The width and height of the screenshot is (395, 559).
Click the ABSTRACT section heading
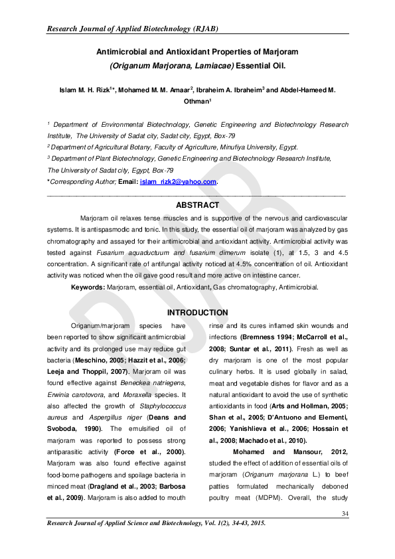pos(197,205)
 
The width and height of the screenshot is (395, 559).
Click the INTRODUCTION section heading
pos(197,313)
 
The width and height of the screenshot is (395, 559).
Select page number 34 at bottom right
pos(345,515)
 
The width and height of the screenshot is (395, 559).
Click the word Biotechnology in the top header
pos(139,29)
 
